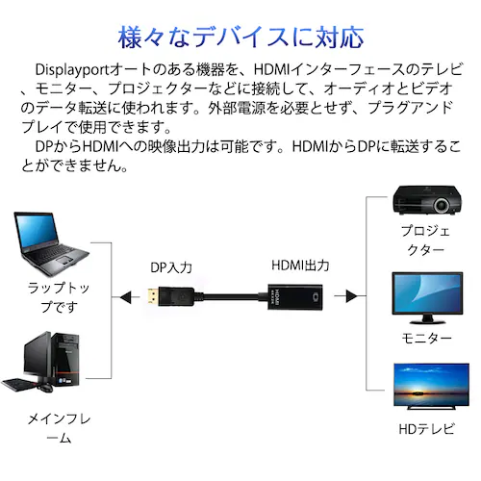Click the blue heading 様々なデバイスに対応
pos(240,37)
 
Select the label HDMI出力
pos(300,265)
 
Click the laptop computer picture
pos(51,243)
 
